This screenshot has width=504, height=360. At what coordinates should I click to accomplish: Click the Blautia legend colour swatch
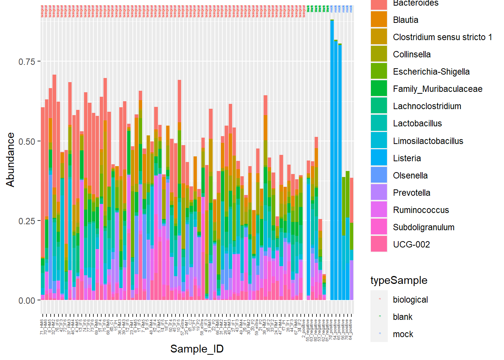pos(379,19)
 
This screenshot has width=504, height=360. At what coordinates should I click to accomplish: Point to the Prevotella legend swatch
pos(379,192)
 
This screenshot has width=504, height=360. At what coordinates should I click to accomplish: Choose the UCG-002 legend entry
pos(411,244)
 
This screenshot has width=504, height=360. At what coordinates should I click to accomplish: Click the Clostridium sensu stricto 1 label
pos(442,37)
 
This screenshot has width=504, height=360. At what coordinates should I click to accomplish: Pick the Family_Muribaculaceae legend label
pos(438,89)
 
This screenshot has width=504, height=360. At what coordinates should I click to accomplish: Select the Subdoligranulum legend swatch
pos(379,227)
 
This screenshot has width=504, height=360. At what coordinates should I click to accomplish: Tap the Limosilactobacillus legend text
pos(428,141)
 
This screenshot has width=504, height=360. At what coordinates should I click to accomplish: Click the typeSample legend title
pos(399,280)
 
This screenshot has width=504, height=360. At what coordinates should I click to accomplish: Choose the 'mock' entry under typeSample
pos(403,334)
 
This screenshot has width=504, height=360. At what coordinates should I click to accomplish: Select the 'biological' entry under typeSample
pos(410,300)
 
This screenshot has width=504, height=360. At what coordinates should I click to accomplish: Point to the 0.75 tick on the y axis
pos(27,61)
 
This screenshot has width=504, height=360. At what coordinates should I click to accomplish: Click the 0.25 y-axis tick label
pos(27,221)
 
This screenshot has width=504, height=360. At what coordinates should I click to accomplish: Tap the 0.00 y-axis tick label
pos(27,301)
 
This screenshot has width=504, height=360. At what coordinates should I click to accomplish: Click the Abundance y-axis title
pos(10,160)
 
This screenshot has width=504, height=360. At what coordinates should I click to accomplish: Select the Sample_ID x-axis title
pos(197,349)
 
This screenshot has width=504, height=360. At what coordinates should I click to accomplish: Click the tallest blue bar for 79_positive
pos(332,150)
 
